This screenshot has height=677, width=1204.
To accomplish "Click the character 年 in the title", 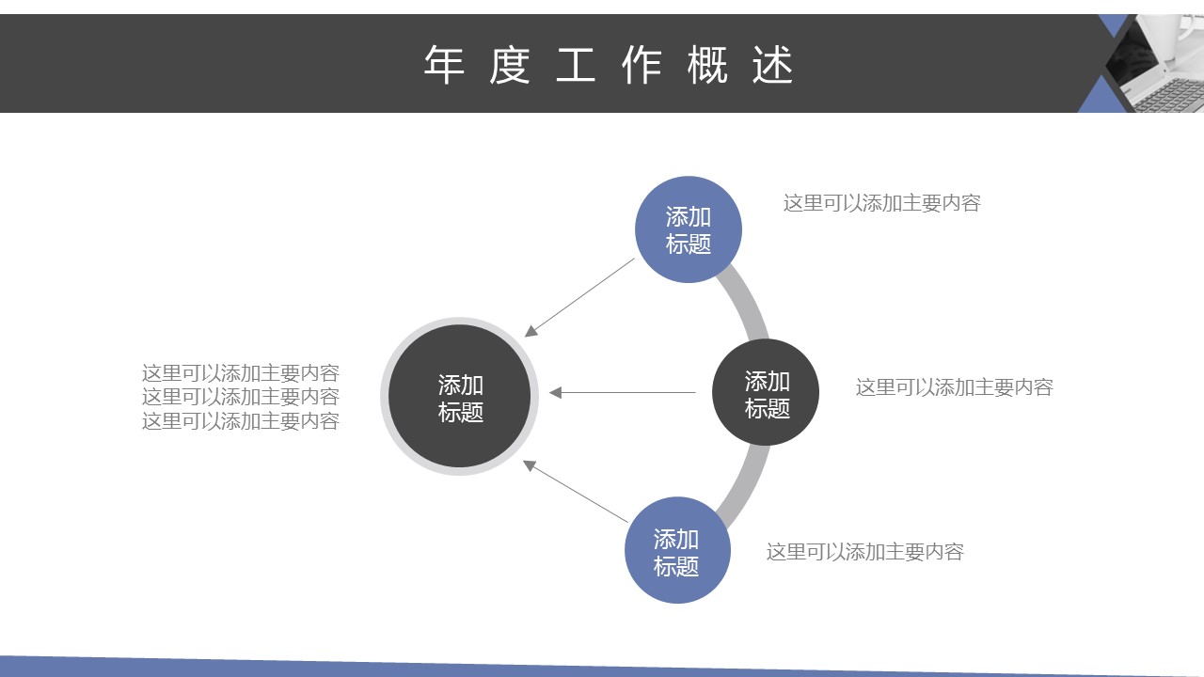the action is point(444,65).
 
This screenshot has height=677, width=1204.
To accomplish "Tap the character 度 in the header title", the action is point(510,65).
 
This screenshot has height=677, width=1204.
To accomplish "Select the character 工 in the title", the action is point(575,65).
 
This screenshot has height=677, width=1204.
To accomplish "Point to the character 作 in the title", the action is point(642,65).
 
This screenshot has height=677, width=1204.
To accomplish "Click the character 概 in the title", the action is point(707,65).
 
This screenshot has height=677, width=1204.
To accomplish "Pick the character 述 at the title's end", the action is point(772,65).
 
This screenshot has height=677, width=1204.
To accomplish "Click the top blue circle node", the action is point(689,229).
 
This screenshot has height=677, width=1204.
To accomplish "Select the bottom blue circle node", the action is point(677,550).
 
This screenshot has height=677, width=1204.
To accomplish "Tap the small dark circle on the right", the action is point(766,392).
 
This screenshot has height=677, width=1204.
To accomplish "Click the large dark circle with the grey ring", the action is point(460,397).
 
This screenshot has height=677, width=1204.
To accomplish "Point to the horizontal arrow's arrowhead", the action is point(555,393).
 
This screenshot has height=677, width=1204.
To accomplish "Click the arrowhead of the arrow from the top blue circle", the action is point(531,331).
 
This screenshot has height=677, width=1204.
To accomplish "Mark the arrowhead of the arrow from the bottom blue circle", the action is point(530,465).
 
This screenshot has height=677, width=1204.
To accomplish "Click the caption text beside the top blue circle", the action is point(882,203).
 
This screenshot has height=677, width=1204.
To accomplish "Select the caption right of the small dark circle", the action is point(955,387).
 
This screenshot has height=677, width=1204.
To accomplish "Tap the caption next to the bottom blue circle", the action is point(864,552).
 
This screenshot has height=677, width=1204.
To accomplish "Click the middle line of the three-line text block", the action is point(240,397).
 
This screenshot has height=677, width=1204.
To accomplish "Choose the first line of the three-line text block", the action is point(240,373).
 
